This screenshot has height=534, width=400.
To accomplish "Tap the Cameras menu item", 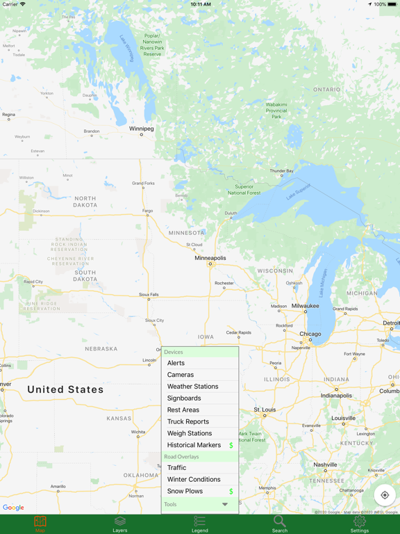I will (181, 375).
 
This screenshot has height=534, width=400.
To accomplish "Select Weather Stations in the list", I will (192, 387).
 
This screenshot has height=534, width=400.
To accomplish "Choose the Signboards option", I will (184, 398).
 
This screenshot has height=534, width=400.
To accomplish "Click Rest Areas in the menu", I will (183, 410).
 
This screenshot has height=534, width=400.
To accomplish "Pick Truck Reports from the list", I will (187, 421).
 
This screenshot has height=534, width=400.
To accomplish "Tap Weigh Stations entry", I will (189, 433).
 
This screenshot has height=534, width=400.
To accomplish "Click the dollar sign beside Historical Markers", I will (231, 445).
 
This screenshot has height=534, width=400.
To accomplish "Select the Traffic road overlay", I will (176, 468).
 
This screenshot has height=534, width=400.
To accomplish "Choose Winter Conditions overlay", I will (194, 480).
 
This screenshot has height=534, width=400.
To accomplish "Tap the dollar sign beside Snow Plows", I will (231, 492).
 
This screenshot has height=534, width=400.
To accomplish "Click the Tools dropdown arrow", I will (225, 505).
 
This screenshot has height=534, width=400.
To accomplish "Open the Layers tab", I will (120, 524).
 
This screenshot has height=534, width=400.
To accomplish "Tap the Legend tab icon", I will (200, 521).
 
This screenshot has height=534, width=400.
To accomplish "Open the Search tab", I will (280, 524).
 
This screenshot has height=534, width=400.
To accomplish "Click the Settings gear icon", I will (360, 521).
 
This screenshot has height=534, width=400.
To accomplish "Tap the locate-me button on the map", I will (385, 495).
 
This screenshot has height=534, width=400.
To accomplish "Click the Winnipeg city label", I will (142, 129).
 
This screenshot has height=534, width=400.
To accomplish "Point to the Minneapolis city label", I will (210, 258).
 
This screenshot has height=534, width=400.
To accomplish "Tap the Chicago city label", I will (310, 334).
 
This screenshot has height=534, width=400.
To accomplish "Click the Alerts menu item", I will (176, 363).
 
